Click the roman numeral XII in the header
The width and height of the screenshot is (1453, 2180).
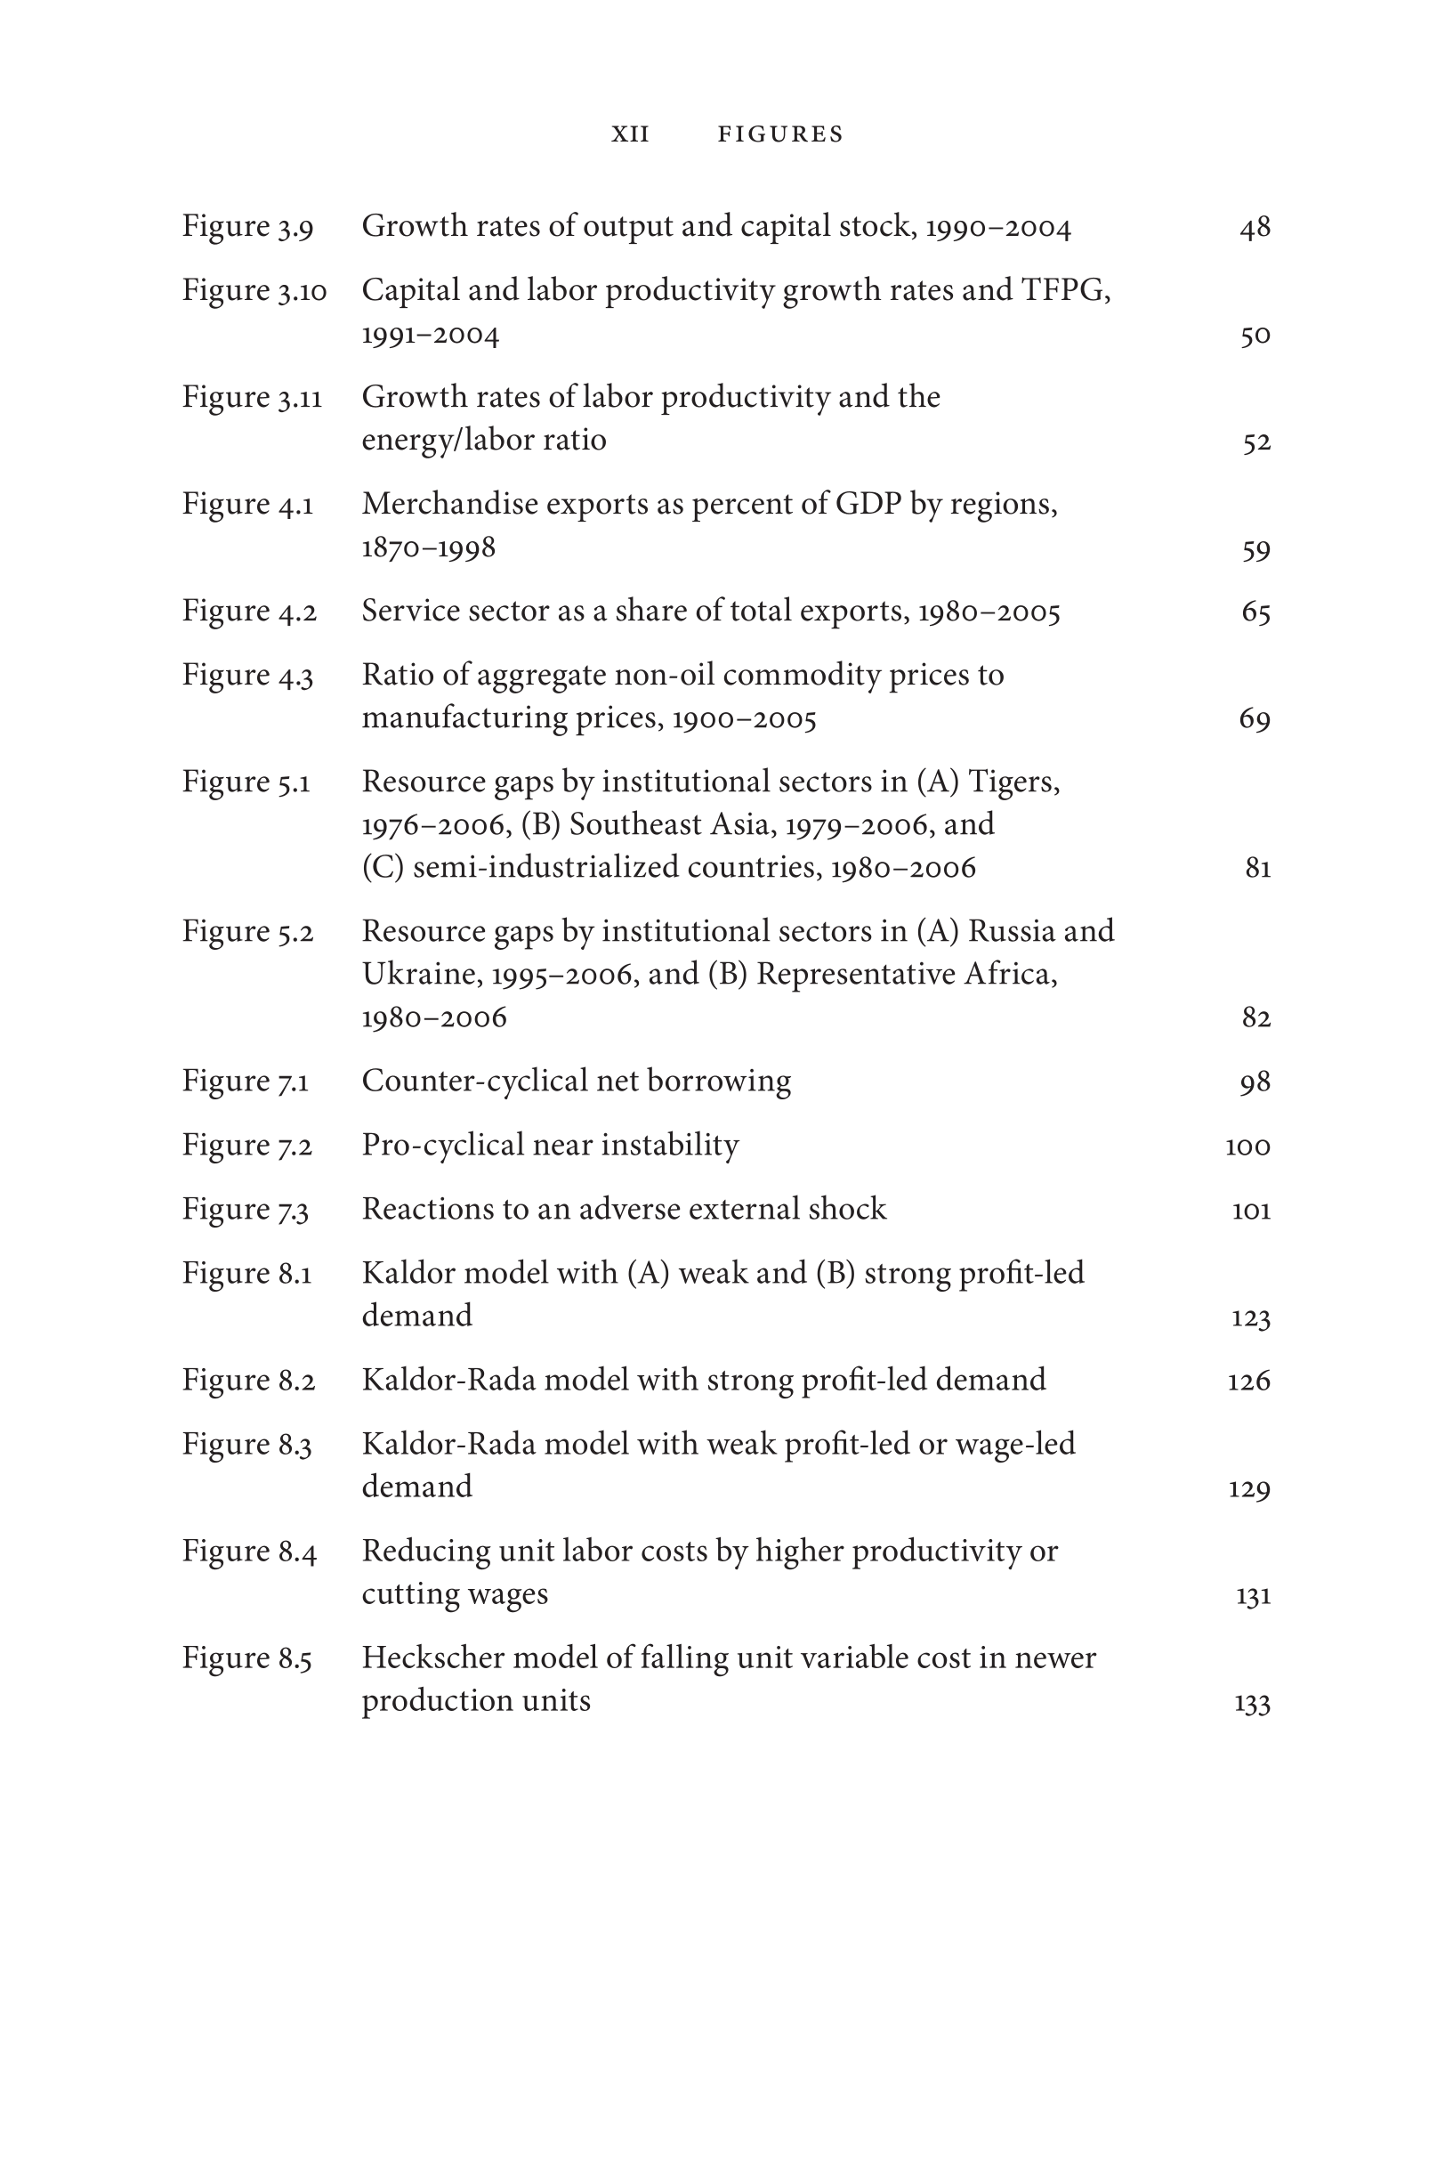[630, 134]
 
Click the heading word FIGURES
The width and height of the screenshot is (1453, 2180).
[780, 134]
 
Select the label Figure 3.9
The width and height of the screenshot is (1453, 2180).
[247, 226]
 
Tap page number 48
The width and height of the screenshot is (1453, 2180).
[1255, 227]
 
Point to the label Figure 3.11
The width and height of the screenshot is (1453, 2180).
[251, 397]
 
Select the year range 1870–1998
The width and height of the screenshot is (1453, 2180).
[428, 547]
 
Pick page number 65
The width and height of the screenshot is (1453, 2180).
[1255, 612]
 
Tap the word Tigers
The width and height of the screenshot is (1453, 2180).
[1013, 782]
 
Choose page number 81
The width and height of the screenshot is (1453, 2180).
[1257, 868]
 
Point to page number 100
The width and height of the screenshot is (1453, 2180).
[1247, 1147]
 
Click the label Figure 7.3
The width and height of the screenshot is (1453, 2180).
[246, 1210]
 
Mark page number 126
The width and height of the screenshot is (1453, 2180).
[1248, 1381]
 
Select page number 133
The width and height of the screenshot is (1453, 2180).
[1252, 1703]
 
